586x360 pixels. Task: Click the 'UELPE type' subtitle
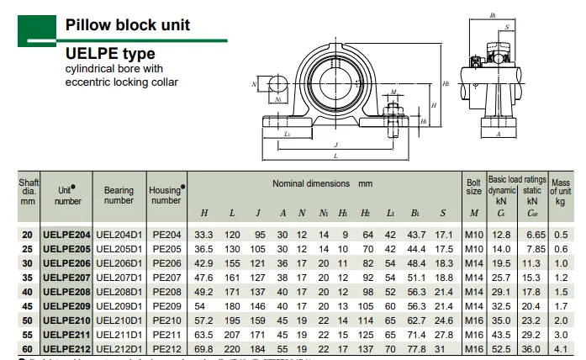coord(110,54)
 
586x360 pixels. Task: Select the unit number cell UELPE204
coord(66,234)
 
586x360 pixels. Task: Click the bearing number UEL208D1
coord(119,291)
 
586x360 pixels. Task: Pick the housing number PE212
coord(166,348)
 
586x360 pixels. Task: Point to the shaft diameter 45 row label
coord(29,305)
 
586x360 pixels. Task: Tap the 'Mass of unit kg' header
coord(561,191)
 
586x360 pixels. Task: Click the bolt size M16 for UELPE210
coord(473,320)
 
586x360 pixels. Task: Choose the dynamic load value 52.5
coord(502,348)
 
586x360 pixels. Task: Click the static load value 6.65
coord(533,234)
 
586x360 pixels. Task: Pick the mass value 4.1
coord(561,348)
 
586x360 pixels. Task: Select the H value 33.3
coord(204,234)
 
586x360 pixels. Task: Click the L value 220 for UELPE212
coord(232,348)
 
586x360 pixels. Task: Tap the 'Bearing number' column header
coord(119,195)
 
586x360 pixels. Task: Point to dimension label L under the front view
coord(336,156)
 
